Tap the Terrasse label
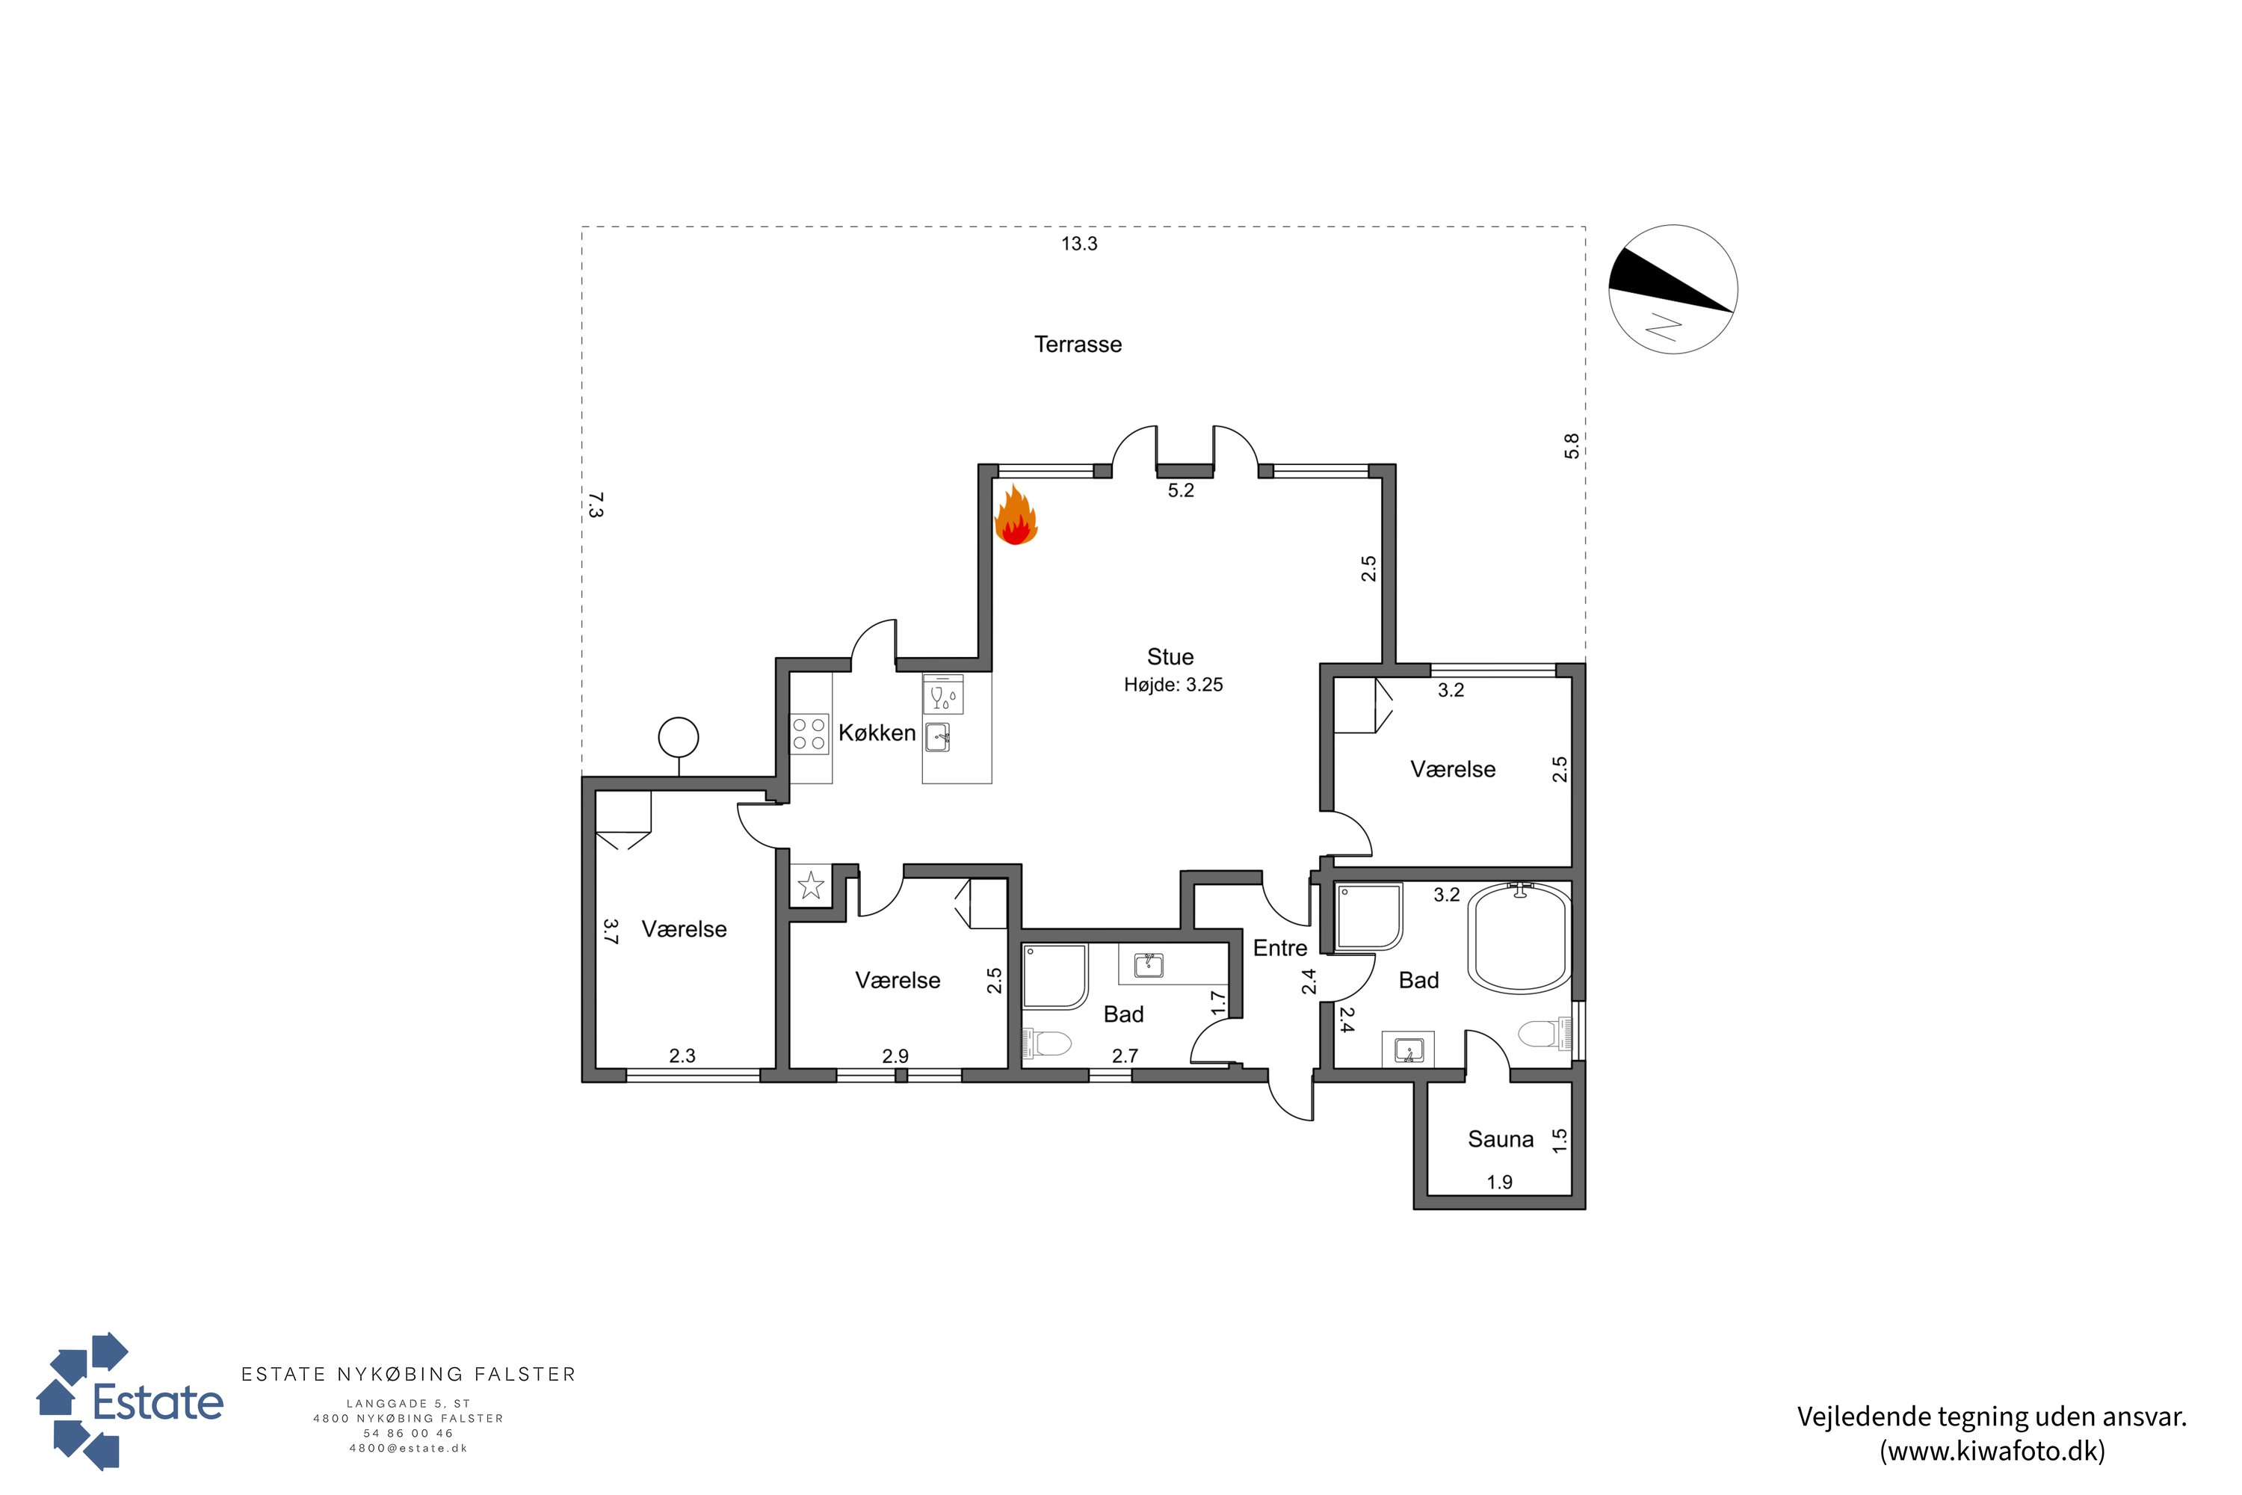pos(1078,344)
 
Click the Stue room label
pos(1170,657)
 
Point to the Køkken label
pos(877,733)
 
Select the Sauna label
pos(1501,1139)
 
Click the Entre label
pos(1280,948)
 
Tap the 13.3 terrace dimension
pos(1079,244)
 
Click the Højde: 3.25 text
pos(1173,685)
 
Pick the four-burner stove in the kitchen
pos(809,734)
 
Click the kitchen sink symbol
pos(939,737)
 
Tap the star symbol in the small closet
pos(811,886)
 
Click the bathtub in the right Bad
pos(1519,938)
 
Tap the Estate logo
pos(129,1401)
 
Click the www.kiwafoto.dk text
pos(1992,1451)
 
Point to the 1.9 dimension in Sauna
pos(1499,1183)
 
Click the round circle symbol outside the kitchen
pos(679,737)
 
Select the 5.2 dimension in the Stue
pos(1181,490)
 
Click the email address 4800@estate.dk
pos(408,1449)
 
